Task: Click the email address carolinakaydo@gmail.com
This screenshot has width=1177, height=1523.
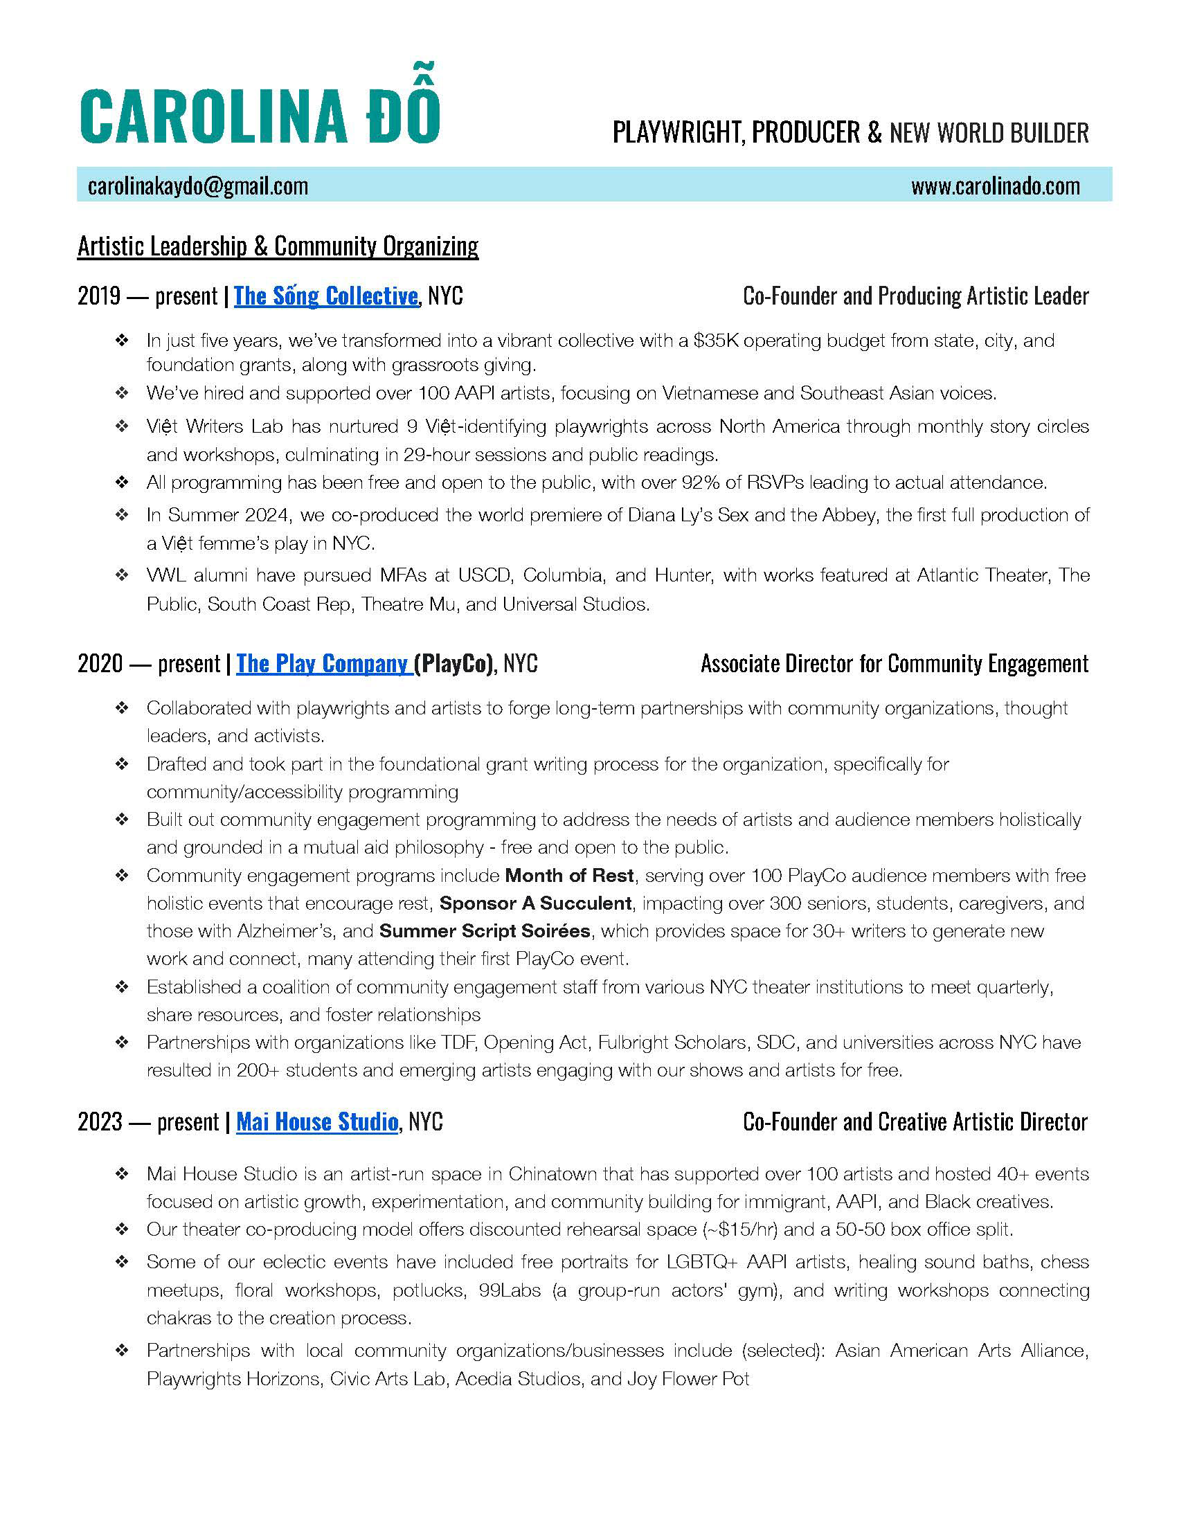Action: [198, 186]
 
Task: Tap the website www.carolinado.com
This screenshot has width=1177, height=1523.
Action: [995, 186]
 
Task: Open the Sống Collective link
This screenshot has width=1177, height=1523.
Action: [325, 296]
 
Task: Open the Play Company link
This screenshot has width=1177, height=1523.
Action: [322, 663]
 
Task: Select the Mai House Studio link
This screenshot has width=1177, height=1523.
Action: [317, 1122]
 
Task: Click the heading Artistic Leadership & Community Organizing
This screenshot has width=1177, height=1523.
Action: [278, 246]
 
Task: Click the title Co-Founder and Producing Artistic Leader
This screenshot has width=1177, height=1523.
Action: [915, 296]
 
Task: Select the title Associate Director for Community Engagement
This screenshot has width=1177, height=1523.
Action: [895, 663]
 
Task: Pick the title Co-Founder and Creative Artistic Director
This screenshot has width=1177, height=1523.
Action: [915, 1122]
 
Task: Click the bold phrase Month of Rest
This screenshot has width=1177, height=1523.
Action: [569, 876]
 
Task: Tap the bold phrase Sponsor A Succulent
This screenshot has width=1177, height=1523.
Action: [535, 903]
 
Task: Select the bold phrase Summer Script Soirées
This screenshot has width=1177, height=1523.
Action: [485, 932]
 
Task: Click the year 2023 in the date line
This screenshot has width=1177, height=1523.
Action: [100, 1122]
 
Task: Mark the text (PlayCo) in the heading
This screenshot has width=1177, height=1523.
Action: [454, 663]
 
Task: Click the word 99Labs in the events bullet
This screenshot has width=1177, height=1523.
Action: [510, 1291]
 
